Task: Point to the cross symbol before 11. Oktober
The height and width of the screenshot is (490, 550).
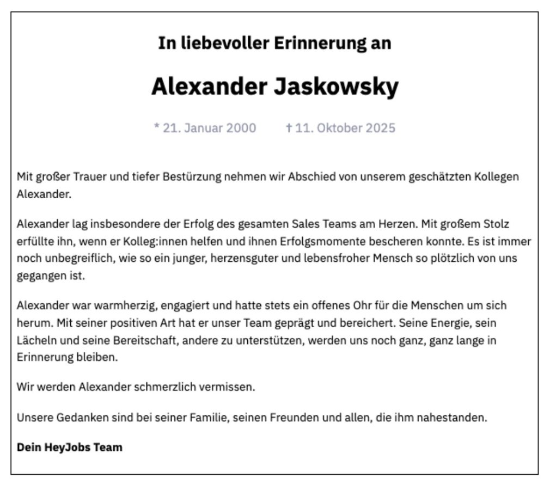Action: tap(289, 128)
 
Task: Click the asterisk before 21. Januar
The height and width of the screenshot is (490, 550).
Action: tap(157, 127)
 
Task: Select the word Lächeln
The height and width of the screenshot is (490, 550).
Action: tap(35, 340)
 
